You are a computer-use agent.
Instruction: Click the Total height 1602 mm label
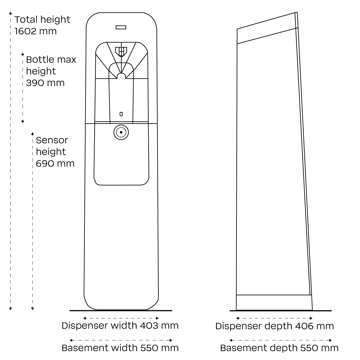click(42, 25)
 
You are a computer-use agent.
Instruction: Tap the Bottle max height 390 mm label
click(51, 71)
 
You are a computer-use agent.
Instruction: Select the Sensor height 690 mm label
click(55, 152)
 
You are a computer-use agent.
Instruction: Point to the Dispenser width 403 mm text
click(120, 326)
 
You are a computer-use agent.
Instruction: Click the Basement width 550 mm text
click(120, 348)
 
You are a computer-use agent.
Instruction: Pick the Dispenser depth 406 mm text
click(274, 326)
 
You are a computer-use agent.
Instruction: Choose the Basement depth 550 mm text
click(279, 348)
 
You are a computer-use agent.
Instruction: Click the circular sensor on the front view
click(121, 132)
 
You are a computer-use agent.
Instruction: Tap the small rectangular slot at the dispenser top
click(121, 27)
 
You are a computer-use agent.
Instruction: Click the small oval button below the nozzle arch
click(121, 114)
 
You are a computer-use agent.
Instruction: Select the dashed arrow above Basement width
click(121, 340)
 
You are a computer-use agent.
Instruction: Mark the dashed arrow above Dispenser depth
click(274, 318)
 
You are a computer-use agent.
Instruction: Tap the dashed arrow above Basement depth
click(281, 340)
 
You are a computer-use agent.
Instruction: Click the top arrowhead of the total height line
click(10, 13)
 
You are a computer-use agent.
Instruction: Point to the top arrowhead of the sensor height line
click(32, 133)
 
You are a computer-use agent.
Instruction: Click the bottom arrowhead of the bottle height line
click(23, 121)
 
